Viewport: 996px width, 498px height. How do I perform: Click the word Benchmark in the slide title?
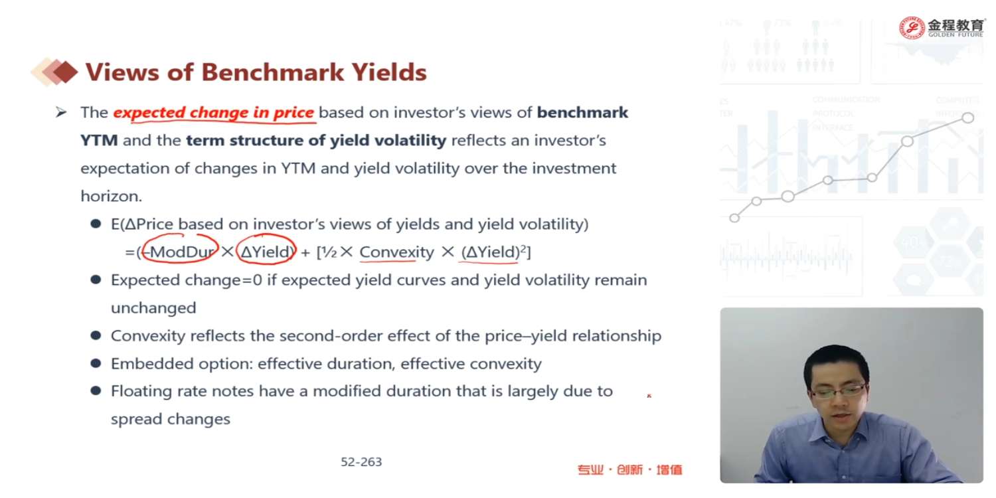click(x=272, y=72)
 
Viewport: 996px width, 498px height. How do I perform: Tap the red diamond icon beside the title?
click(x=66, y=72)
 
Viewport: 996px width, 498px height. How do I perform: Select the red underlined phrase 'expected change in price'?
click(x=213, y=112)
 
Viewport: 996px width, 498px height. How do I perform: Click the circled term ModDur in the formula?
click(x=181, y=252)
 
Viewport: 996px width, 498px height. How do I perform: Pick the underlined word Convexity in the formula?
click(x=396, y=252)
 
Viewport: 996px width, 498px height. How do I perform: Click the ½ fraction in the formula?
click(x=329, y=252)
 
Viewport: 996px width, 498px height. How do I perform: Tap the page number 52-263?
click(x=361, y=462)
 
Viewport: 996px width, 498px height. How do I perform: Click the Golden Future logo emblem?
click(x=912, y=28)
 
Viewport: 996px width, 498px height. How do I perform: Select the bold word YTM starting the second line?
click(x=99, y=141)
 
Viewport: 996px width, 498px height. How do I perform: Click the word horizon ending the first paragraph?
click(x=111, y=196)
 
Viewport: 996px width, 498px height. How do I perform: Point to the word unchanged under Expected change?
click(x=153, y=307)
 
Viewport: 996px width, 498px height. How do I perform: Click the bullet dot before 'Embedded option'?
click(x=96, y=363)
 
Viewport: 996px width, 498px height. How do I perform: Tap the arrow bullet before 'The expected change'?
click(x=61, y=112)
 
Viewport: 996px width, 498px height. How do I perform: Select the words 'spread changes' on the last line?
click(x=171, y=419)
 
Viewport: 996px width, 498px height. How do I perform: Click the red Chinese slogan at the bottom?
click(x=629, y=469)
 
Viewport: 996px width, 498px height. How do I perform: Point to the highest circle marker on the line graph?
click(x=967, y=118)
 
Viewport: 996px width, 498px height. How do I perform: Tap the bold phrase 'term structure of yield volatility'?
click(x=316, y=141)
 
